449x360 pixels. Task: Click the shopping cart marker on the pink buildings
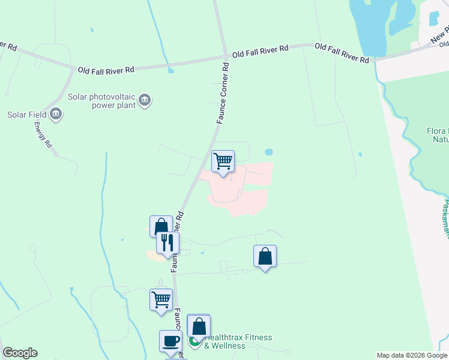point(223,161)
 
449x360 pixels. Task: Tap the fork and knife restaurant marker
point(167,242)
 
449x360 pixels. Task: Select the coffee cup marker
point(170,341)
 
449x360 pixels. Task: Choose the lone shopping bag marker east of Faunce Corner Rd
point(265,256)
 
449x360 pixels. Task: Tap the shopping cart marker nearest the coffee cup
point(161,299)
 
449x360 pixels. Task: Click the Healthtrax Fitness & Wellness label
point(238,341)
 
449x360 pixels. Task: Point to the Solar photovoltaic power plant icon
point(144,100)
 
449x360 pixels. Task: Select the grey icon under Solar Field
point(56,113)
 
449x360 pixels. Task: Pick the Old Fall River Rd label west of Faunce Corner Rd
point(106,70)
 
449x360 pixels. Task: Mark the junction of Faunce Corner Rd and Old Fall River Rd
point(225,58)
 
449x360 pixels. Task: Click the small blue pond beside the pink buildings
point(268,152)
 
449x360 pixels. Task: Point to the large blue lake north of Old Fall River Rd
point(372,24)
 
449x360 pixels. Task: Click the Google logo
point(20,353)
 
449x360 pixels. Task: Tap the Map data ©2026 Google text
point(411,355)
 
